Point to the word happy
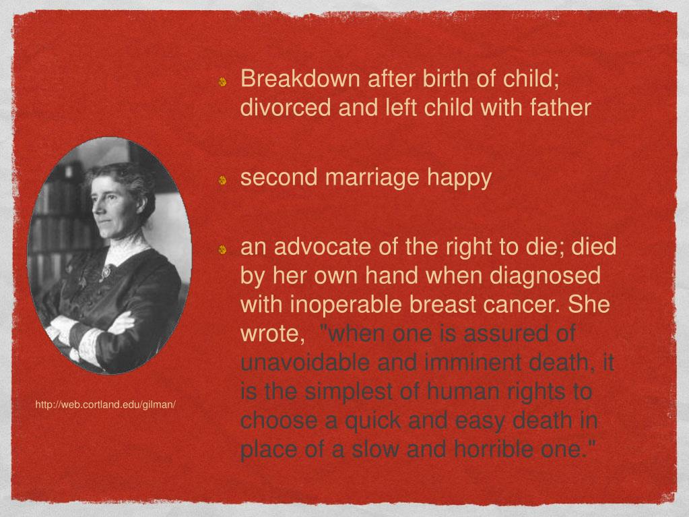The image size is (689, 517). (461, 179)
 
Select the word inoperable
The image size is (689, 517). (343, 305)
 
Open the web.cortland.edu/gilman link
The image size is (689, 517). (106, 405)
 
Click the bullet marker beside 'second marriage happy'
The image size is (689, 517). (223, 181)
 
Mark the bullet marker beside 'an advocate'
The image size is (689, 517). (223, 250)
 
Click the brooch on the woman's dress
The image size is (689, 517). (106, 272)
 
